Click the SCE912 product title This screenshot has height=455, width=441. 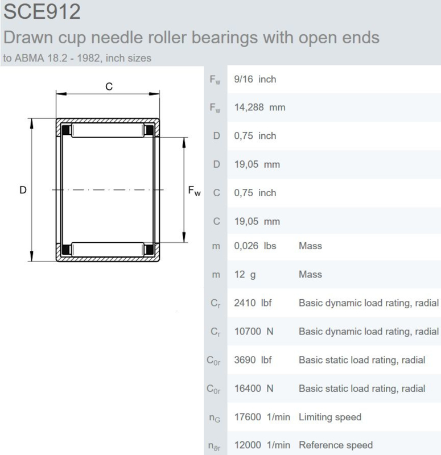42,11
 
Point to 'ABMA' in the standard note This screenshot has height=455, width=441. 30,58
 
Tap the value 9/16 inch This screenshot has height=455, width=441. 255,79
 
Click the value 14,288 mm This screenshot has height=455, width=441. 259,107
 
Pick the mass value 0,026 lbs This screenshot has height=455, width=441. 255,246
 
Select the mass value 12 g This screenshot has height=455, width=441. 245,275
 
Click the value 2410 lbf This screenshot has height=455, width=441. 253,303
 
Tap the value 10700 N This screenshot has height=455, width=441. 253,332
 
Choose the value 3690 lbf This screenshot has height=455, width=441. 253,360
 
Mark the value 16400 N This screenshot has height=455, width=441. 253,388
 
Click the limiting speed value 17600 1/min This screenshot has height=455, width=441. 262,417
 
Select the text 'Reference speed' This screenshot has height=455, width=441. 336,445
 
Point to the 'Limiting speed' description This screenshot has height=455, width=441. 330,417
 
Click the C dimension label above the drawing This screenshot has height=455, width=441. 109,86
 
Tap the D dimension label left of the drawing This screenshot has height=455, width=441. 23,190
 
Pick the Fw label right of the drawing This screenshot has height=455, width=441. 194,191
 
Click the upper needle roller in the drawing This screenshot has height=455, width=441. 108,130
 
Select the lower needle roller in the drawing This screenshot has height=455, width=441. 108,250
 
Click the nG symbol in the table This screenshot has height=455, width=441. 215,418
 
